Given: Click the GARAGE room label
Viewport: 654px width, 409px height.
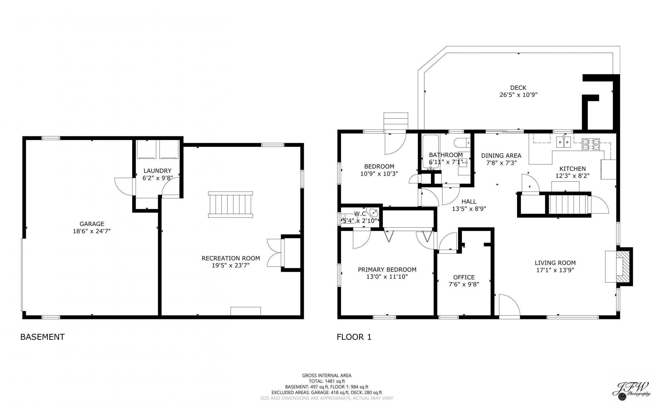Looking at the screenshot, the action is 92,224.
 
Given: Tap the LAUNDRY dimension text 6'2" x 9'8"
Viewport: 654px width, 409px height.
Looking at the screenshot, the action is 158,178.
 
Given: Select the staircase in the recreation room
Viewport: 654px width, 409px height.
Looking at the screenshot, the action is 231,204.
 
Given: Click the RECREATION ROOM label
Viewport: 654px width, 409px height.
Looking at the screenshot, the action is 231,258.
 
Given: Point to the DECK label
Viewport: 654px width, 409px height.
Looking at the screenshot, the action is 518,88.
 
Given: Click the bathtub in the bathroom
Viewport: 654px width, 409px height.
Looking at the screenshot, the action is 431,151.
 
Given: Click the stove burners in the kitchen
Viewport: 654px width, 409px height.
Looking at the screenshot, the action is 591,144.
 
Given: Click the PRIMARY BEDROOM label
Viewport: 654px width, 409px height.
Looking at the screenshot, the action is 387,270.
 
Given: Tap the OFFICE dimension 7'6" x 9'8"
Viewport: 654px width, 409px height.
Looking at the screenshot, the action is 464,284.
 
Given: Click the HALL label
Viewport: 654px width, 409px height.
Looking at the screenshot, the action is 469,201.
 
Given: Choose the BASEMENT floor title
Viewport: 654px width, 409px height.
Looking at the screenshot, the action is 43,337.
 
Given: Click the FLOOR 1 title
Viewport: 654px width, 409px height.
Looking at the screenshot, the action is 354,337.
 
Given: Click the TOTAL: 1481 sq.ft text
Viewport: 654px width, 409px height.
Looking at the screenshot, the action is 327,381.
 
